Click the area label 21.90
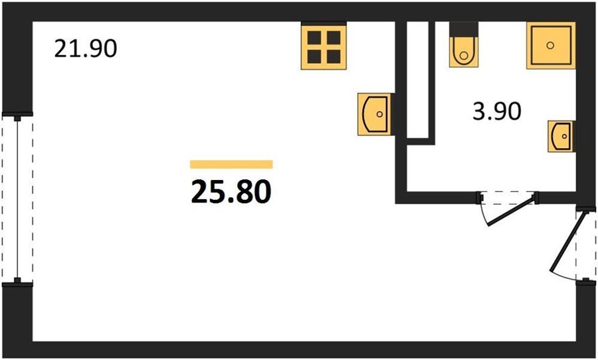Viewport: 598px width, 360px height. pos(86,48)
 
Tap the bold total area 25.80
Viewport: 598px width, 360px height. pos(231,192)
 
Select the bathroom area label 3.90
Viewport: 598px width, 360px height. pos(497,112)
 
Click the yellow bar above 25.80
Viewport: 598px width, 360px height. pos(231,164)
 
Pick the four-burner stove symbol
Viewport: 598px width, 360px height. pos(324,46)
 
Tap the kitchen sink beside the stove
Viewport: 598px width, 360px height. pos(375,114)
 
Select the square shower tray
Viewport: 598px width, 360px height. pos(551,45)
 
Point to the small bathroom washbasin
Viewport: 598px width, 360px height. pos(561,136)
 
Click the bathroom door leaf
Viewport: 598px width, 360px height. pos(511,212)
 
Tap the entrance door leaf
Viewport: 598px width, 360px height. pos(567,242)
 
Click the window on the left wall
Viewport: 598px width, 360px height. pos(17,199)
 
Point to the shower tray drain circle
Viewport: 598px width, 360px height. pos(550,45)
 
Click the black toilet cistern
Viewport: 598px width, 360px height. pos(463,29)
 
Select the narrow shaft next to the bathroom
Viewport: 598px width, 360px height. pos(418,80)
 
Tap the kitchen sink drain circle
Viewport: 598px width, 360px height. pos(379,114)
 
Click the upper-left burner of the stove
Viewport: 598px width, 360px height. pos(314,38)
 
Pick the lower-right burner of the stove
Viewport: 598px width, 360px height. pos(334,56)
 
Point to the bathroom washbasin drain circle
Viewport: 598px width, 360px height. pos(564,136)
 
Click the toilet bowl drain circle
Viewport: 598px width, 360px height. pos(464,56)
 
